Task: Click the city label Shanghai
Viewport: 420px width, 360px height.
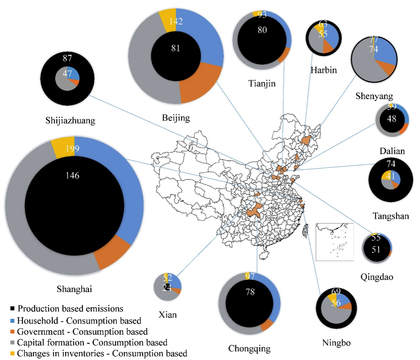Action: pos(75,288)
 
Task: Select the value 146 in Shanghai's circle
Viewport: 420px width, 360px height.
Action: pos(72,176)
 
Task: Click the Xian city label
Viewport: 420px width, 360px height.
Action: pos(167,314)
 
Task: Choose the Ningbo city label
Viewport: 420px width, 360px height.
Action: pos(336,343)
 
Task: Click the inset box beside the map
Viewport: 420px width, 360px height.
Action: pos(334,241)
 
